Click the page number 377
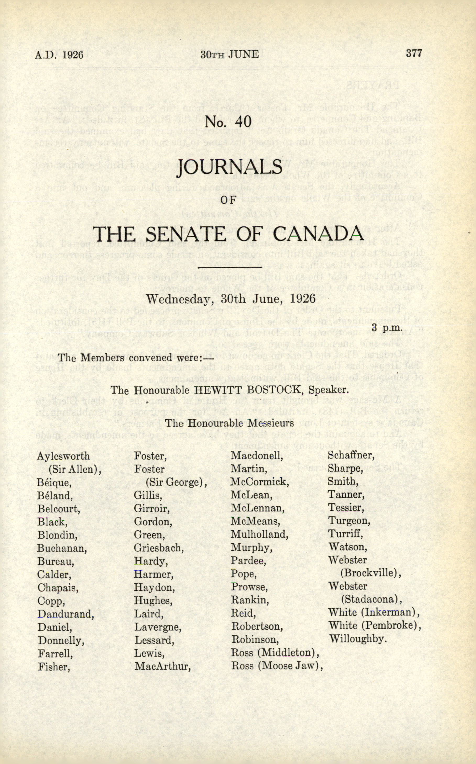(413, 53)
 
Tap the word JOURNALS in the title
(230, 167)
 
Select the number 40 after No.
(243, 121)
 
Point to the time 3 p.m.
(387, 328)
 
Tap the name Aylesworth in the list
(63, 456)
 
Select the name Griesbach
(159, 548)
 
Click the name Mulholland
(259, 534)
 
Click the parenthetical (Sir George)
(176, 482)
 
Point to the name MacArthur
(163, 667)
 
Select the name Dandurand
(65, 614)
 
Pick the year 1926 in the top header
(73, 55)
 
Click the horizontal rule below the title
(229, 267)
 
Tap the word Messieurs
(270, 423)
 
